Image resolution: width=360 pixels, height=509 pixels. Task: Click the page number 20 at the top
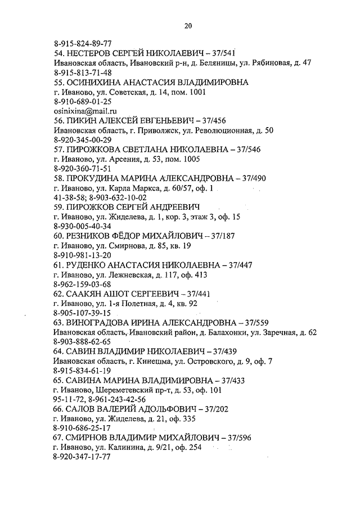click(x=188, y=25)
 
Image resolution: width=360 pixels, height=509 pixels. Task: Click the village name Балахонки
click(x=222, y=332)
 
